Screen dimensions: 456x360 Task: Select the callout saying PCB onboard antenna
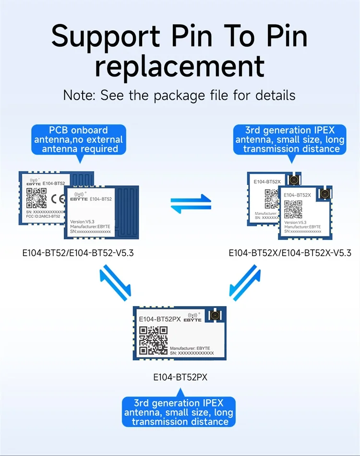78,139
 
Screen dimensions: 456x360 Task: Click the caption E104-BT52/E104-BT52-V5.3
78,252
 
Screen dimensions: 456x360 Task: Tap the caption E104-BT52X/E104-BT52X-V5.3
290,252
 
